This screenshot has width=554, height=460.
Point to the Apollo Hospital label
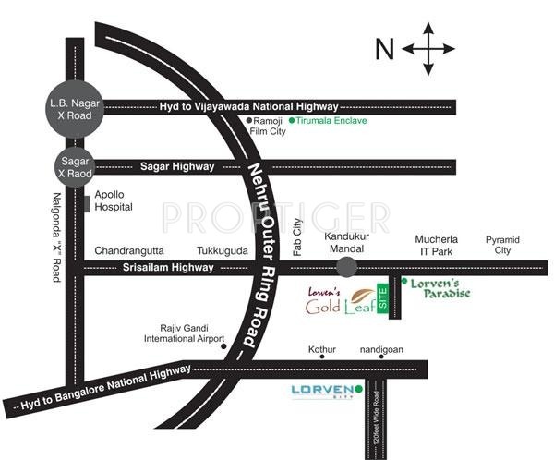115,201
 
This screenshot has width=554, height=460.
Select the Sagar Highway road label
177,167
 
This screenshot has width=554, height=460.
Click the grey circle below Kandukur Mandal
346,268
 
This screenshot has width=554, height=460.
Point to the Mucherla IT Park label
437,245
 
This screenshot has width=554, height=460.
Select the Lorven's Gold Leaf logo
342,300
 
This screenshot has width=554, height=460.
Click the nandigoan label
382,349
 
